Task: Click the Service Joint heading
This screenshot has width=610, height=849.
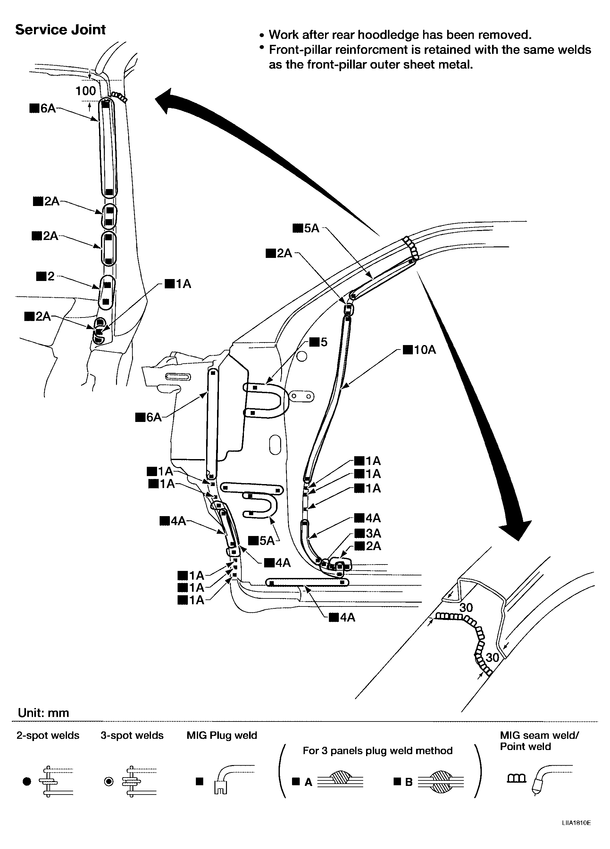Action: click(60, 29)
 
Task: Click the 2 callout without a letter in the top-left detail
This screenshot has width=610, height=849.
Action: click(46, 276)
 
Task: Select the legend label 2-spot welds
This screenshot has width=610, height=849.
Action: click(48, 735)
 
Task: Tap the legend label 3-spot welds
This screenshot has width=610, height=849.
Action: click(132, 735)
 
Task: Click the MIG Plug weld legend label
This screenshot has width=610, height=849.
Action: click(222, 735)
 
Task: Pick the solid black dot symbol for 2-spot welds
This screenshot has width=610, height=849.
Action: click(27, 781)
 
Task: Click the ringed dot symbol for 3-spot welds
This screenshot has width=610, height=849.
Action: click(109, 781)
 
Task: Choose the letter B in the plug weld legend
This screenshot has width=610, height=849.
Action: click(409, 782)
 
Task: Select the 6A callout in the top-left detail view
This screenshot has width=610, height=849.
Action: click(43, 109)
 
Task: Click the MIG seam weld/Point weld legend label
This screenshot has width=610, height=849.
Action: click(539, 740)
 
